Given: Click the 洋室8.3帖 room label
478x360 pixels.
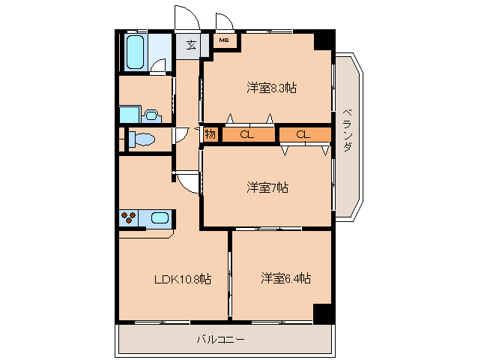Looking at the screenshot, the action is click(x=271, y=88).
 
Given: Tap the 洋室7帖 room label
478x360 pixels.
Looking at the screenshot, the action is click(x=267, y=187).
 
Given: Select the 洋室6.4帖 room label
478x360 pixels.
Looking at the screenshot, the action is click(x=285, y=278).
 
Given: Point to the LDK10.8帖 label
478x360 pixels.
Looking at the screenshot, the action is click(x=183, y=279).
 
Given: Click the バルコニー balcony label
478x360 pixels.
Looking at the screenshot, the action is click(x=220, y=339).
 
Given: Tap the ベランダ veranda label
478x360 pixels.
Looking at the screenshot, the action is click(x=347, y=130).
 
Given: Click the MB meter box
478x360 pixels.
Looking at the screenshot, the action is click(x=224, y=40).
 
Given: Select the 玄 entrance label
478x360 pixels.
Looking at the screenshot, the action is click(x=191, y=45).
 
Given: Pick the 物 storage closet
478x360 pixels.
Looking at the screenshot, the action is click(x=211, y=134).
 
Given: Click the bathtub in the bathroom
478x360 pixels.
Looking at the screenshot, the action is click(x=135, y=52).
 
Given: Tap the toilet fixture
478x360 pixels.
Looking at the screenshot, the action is click(x=142, y=139).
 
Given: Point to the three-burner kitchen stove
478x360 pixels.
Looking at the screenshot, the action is click(x=128, y=218).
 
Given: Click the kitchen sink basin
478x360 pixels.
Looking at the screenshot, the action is click(x=160, y=218).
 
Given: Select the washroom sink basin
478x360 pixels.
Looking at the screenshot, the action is click(x=151, y=115).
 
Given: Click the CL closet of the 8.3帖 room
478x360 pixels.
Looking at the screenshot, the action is click(x=248, y=134).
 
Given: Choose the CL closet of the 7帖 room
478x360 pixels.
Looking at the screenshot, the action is click(x=305, y=134).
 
